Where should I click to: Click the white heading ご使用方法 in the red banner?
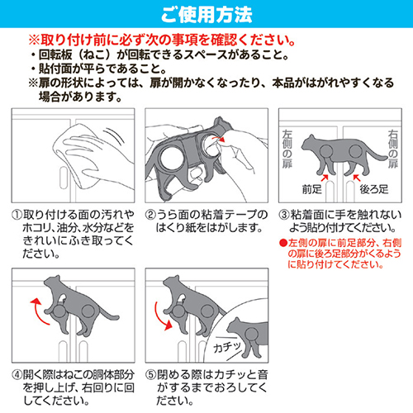point(206,13)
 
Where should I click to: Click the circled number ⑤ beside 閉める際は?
point(151,371)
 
